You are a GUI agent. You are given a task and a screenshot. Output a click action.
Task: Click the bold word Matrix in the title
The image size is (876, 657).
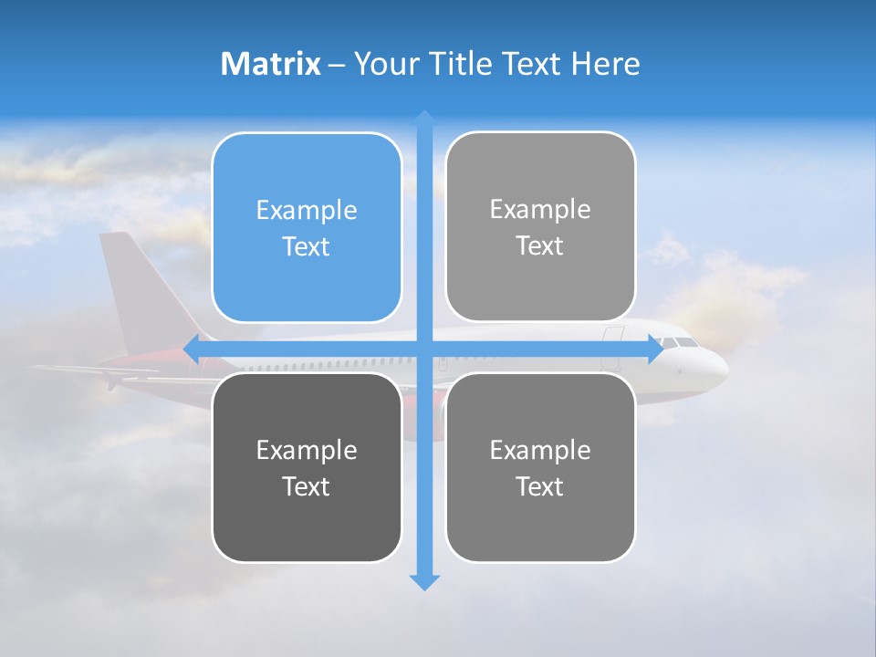point(271,64)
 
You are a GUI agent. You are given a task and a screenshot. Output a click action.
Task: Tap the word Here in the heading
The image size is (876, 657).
point(605,64)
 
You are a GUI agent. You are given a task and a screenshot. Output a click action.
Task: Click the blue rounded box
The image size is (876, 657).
point(307,227)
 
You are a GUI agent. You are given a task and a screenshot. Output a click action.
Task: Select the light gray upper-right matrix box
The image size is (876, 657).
point(540,226)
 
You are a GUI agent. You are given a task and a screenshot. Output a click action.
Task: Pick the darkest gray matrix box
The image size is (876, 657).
point(307,467)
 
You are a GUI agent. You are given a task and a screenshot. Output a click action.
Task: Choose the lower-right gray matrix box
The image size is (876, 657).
point(540,467)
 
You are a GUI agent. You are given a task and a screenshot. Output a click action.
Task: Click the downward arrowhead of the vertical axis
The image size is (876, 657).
point(424,582)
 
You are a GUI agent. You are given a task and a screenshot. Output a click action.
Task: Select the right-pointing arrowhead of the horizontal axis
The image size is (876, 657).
point(654,349)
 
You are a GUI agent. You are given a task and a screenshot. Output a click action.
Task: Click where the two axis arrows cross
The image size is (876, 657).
point(424,349)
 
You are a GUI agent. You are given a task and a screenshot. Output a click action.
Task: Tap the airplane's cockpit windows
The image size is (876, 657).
point(682,342)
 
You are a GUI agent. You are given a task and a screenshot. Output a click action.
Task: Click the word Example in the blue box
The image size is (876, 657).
point(307,210)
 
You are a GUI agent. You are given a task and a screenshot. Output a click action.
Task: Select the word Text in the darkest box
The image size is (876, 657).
point(307,486)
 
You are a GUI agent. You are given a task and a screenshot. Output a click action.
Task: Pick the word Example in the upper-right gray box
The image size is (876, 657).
point(540,209)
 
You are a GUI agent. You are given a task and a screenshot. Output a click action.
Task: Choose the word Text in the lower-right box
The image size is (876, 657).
point(540,486)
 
